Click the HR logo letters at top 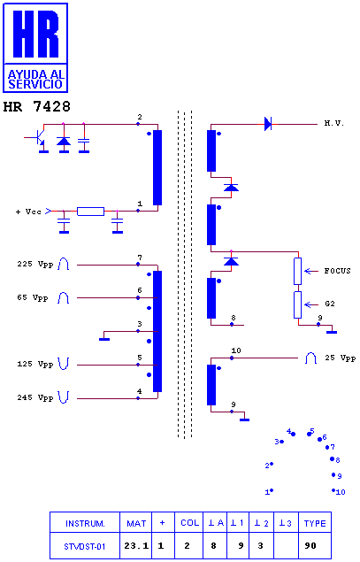(35, 34)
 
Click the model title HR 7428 (36, 106)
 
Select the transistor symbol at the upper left (39, 139)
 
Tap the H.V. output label (333, 123)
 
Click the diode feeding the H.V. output (268, 124)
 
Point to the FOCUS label (337, 271)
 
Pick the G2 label (330, 304)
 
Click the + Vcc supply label (28, 212)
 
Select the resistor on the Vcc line (90, 212)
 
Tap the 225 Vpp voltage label (35, 264)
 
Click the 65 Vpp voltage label (33, 298)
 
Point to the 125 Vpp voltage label (35, 364)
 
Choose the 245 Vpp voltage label (35, 397)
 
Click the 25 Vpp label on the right (340, 358)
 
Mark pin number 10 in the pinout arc (341, 492)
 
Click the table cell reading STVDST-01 (85, 546)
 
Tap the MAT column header (136, 523)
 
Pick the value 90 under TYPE (310, 546)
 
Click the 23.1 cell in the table (136, 546)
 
